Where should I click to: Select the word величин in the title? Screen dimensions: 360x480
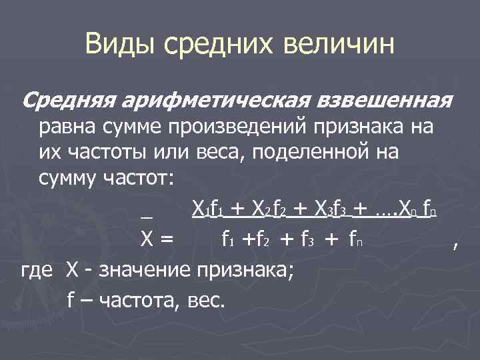pos(339,45)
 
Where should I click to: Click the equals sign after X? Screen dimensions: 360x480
pos(166,240)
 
